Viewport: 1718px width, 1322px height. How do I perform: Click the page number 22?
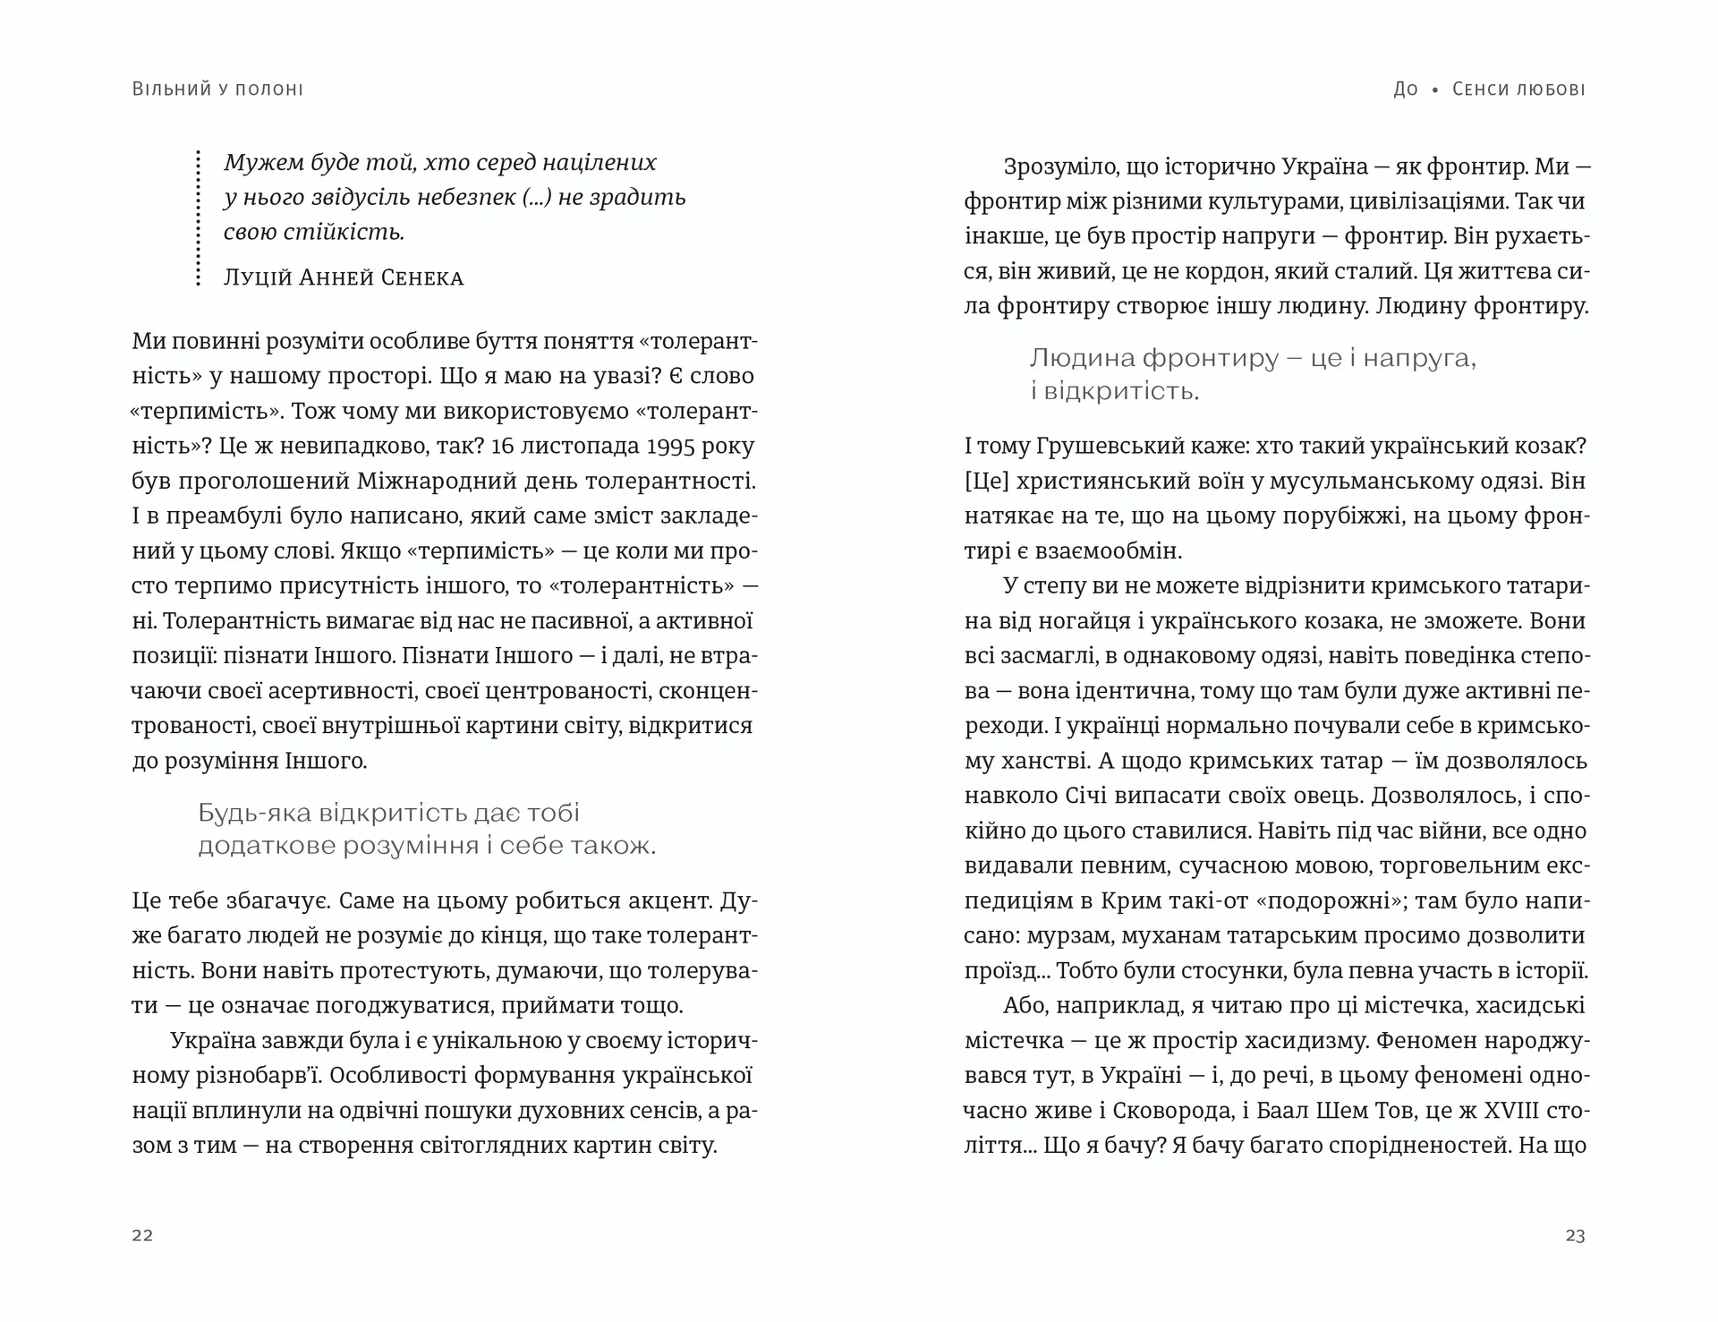pos(142,1235)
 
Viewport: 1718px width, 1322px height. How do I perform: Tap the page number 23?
pos(1575,1235)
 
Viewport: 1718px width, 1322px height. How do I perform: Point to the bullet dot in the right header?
pos(1435,90)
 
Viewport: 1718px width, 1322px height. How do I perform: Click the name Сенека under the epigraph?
pos(421,277)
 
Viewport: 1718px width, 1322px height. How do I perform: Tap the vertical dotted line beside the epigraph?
pos(198,218)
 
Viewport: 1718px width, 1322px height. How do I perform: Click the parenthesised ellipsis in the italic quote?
pos(536,197)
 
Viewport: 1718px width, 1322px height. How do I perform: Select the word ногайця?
pos(1096,620)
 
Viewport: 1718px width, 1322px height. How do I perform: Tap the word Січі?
pos(1087,796)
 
